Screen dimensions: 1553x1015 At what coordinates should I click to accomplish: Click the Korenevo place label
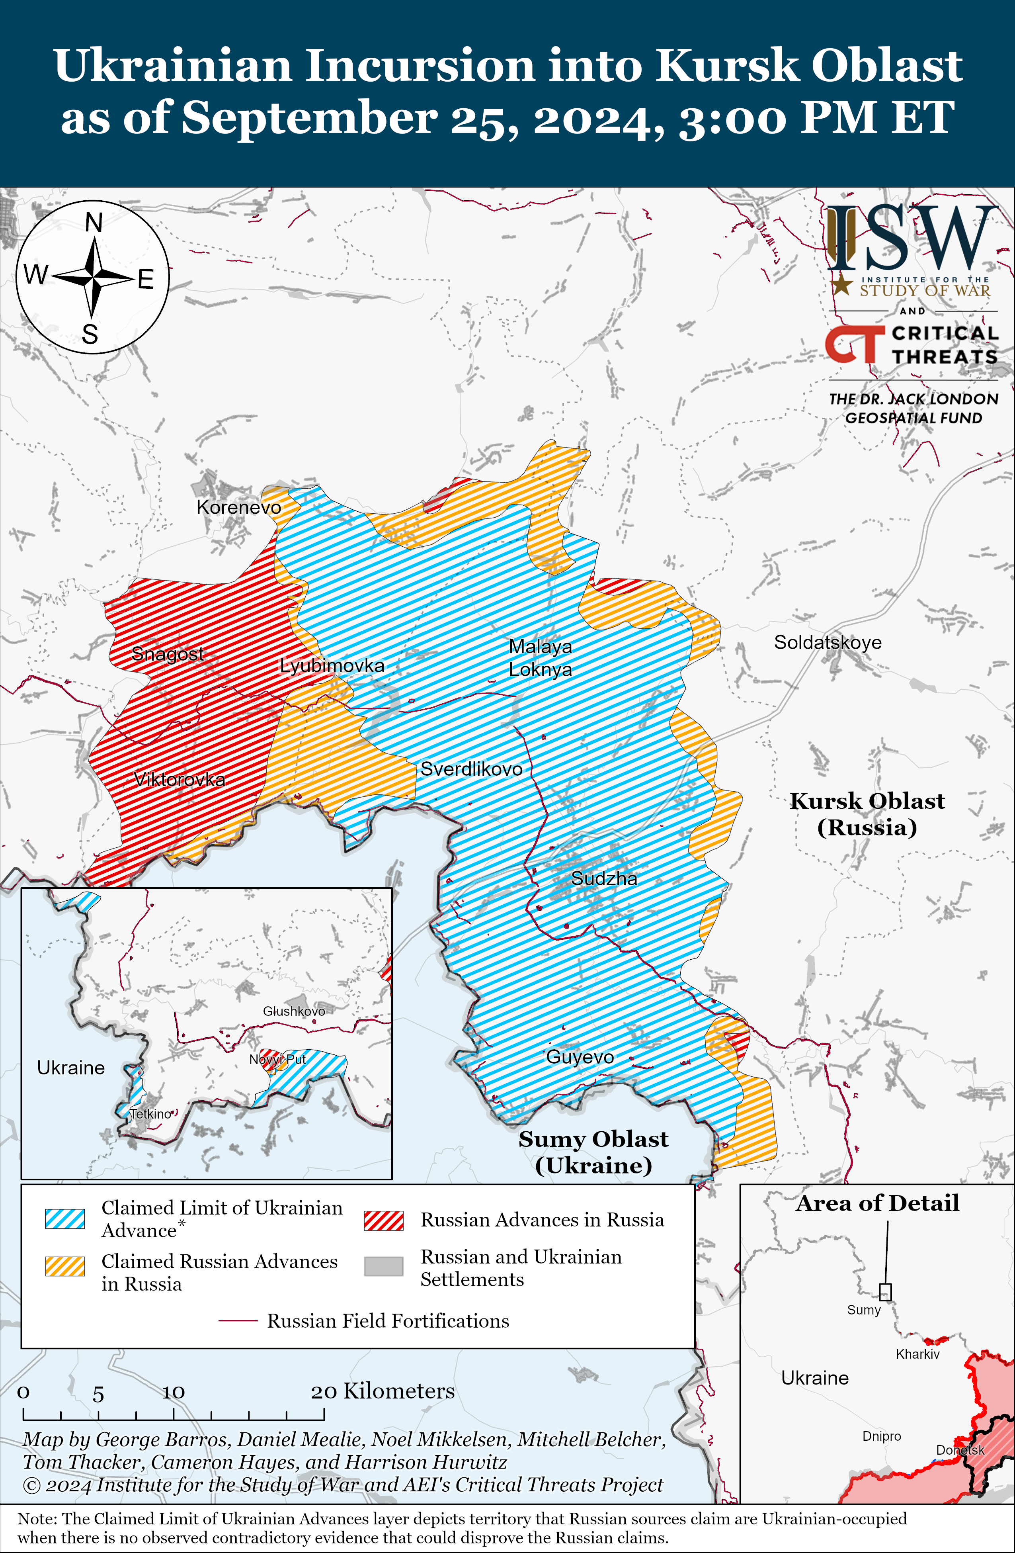click(x=239, y=507)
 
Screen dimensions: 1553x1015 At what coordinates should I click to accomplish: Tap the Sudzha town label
click(x=604, y=878)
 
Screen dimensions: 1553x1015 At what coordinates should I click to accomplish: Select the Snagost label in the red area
click(x=168, y=653)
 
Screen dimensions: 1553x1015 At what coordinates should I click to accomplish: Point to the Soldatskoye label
click(x=827, y=642)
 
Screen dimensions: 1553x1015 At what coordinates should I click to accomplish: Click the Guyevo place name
click(x=580, y=1057)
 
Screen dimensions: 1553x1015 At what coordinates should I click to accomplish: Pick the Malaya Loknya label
click(x=540, y=658)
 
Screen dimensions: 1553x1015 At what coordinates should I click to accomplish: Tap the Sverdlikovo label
click(x=471, y=769)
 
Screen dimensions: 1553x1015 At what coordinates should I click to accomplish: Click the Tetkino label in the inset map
click(x=151, y=1114)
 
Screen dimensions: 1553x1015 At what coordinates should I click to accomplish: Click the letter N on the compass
click(x=94, y=223)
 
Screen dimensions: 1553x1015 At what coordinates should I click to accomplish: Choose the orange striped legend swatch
click(x=64, y=1266)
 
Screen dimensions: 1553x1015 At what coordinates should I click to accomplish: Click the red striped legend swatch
click(x=384, y=1220)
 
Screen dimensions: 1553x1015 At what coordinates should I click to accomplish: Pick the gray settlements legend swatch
click(x=384, y=1266)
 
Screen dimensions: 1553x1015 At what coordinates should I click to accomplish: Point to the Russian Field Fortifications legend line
click(x=238, y=1321)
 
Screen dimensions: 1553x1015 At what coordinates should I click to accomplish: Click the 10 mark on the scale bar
click(x=174, y=1393)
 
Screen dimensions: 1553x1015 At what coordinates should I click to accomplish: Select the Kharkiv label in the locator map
click(x=917, y=1354)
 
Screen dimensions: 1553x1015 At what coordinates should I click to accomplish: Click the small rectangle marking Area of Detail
click(x=885, y=1292)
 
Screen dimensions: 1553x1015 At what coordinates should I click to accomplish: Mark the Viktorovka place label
click(x=180, y=779)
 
